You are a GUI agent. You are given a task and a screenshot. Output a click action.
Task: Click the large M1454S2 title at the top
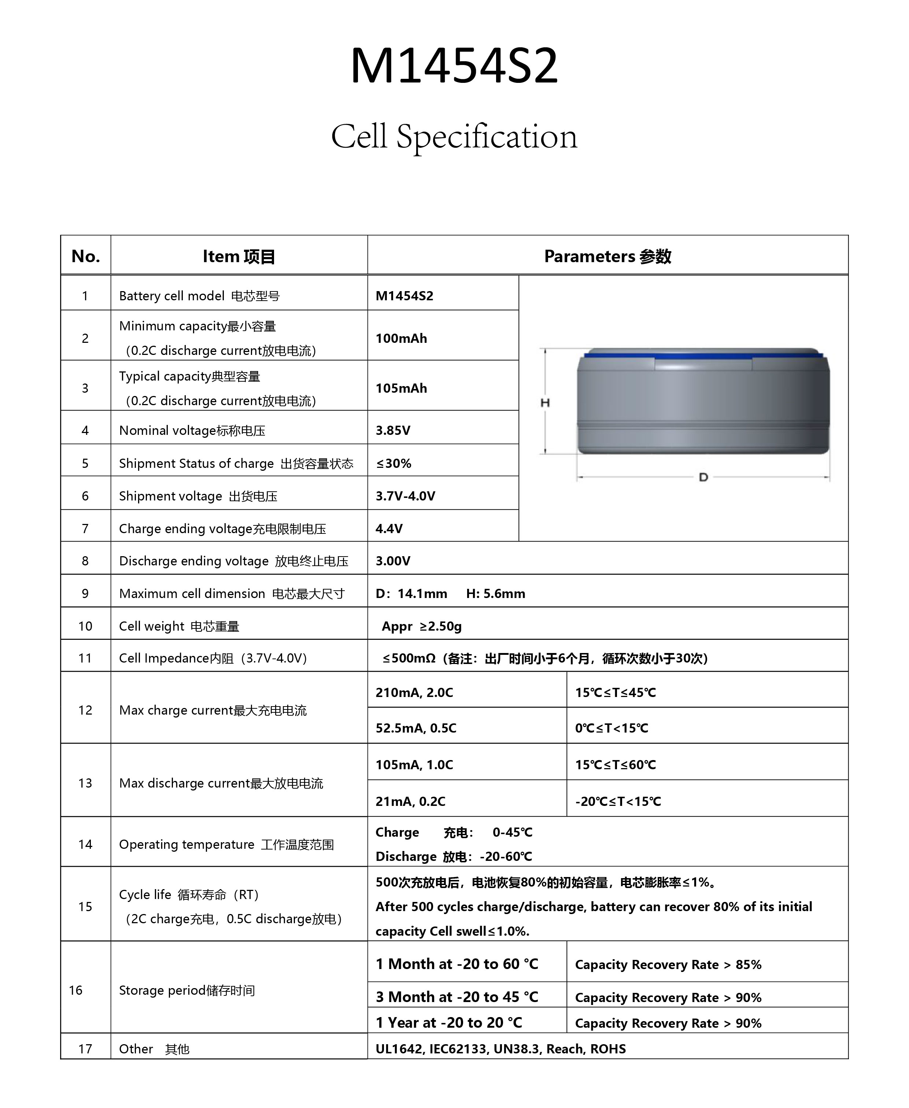(454, 66)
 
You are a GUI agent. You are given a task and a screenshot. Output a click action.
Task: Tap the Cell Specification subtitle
(454, 137)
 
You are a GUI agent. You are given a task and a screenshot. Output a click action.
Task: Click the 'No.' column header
(85, 256)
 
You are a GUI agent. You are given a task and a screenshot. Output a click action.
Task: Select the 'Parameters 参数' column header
(607, 256)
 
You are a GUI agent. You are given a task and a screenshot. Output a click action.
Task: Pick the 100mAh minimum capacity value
(401, 338)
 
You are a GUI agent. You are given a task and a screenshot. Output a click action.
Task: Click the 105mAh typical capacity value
(401, 388)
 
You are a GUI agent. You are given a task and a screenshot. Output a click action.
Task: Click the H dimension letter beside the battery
(545, 402)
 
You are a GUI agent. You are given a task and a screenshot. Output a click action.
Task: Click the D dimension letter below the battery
(703, 477)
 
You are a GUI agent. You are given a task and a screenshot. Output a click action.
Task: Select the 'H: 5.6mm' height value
(495, 594)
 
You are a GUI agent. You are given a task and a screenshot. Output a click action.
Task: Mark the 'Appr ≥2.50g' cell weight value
(421, 626)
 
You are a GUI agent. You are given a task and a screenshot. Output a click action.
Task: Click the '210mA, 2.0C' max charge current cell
(414, 693)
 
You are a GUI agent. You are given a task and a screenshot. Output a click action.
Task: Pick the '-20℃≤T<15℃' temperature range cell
(618, 801)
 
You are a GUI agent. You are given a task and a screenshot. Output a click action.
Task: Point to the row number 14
(85, 844)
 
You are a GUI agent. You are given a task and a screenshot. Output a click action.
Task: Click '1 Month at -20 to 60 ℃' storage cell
(457, 964)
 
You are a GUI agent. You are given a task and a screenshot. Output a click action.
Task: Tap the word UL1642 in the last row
(399, 1049)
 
